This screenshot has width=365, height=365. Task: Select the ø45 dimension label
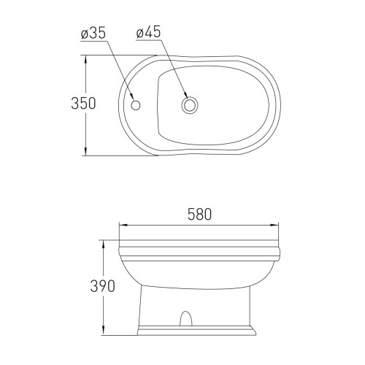148,33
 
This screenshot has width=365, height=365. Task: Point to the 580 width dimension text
199,215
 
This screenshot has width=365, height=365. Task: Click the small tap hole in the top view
134,104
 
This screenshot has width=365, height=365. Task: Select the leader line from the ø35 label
120,69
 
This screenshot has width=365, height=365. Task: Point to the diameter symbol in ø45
140,33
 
